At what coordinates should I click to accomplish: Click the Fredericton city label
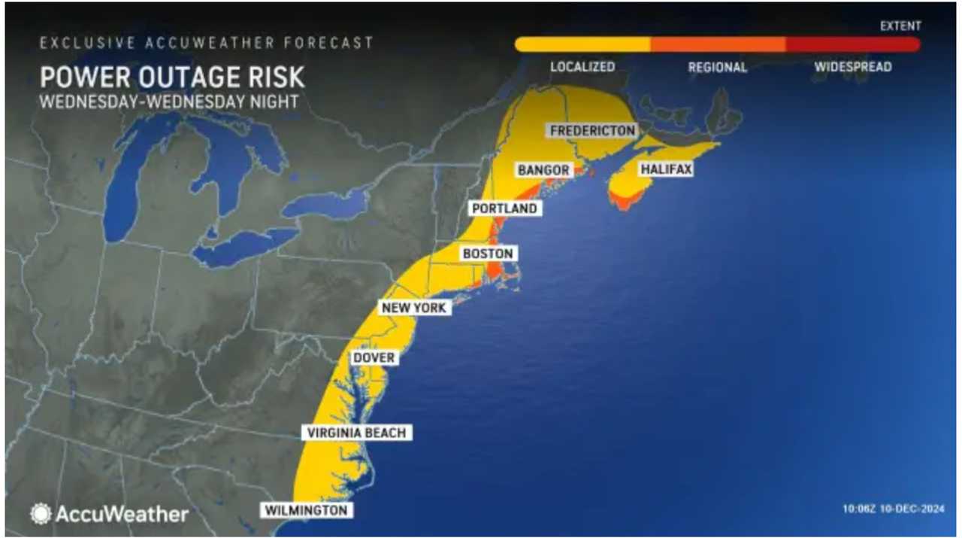(x=592, y=130)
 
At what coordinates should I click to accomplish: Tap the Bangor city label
(x=543, y=171)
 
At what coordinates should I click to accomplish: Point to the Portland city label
(x=504, y=208)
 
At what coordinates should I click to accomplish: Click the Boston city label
(x=488, y=254)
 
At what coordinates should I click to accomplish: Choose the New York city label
(x=413, y=308)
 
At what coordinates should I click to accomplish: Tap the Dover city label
(x=374, y=358)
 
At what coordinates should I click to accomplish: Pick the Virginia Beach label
(x=357, y=433)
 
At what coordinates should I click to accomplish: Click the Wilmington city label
(x=307, y=510)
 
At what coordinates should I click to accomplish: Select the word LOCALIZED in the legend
(x=582, y=67)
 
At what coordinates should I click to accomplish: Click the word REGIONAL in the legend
(x=718, y=67)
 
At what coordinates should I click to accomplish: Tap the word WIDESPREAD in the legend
(x=853, y=67)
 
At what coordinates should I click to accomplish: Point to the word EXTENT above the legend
(x=900, y=26)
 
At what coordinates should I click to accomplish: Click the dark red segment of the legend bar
(x=853, y=44)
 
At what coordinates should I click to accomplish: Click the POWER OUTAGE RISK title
(x=172, y=78)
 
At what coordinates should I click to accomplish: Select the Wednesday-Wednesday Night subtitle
(x=169, y=102)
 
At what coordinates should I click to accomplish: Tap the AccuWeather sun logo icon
(x=41, y=514)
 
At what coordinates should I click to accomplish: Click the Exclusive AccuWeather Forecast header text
(x=207, y=43)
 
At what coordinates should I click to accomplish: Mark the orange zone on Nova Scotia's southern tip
(x=625, y=199)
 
